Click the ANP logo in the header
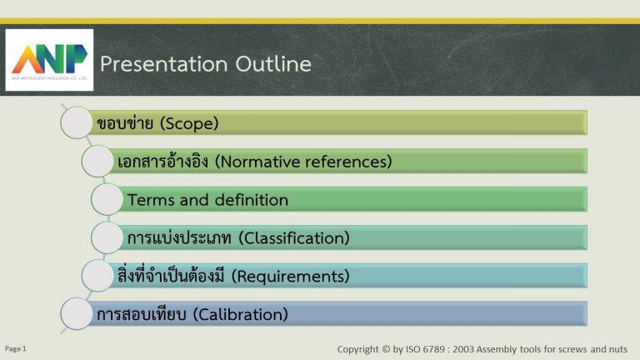(x=49, y=60)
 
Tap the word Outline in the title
(x=273, y=63)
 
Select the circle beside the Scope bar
(x=77, y=122)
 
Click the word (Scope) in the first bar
(x=189, y=123)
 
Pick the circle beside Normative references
(x=97, y=161)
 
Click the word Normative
(x=257, y=162)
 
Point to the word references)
(x=348, y=162)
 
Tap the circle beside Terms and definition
(x=107, y=199)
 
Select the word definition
(x=252, y=200)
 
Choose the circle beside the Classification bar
(x=107, y=237)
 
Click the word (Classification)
(x=294, y=238)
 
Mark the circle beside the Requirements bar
(x=97, y=276)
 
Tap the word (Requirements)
(x=290, y=277)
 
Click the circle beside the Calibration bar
(x=77, y=313)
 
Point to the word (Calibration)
(x=240, y=314)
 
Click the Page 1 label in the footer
(x=16, y=348)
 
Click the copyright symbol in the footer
(x=386, y=349)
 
